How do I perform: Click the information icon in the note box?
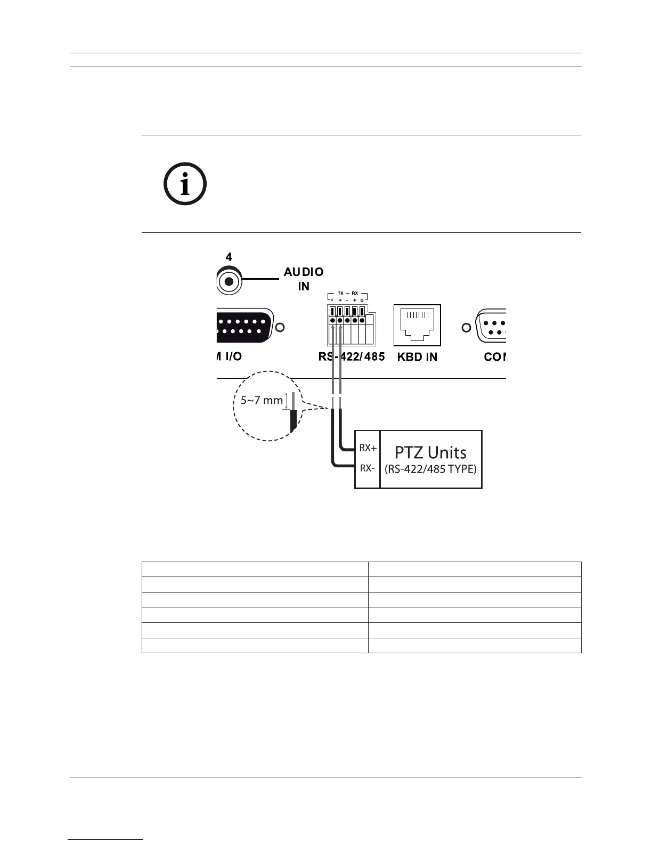click(x=185, y=185)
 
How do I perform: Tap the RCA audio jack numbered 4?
click(x=229, y=281)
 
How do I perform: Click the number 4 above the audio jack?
click(x=229, y=257)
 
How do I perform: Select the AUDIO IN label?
click(x=304, y=279)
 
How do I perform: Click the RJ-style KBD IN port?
click(x=417, y=325)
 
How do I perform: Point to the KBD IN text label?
click(x=417, y=357)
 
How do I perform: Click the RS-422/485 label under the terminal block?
click(x=351, y=356)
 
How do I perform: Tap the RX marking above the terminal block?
click(x=355, y=293)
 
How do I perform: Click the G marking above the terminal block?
click(x=362, y=301)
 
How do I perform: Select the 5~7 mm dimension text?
click(x=261, y=400)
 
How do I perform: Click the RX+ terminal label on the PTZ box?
click(x=368, y=448)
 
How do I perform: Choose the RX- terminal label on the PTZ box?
click(x=368, y=468)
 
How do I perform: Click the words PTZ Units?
click(x=430, y=452)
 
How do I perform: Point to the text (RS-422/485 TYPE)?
click(x=430, y=470)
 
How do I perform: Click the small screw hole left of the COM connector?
click(x=466, y=328)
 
